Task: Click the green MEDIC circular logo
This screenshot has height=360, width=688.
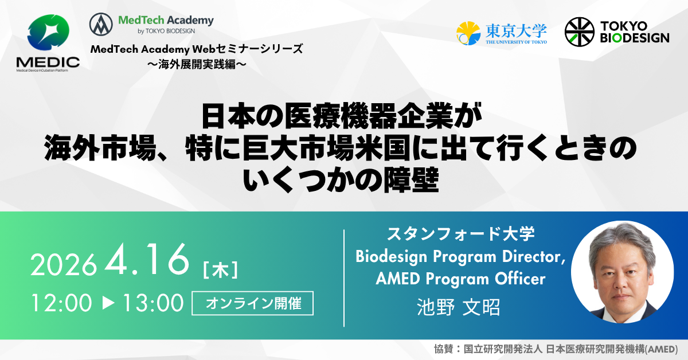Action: (x=48, y=34)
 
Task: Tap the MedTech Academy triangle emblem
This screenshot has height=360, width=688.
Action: (x=101, y=25)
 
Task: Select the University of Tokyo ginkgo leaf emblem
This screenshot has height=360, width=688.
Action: (x=468, y=33)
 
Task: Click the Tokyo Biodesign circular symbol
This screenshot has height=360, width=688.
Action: (x=579, y=32)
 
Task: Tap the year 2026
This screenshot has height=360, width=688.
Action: (x=64, y=265)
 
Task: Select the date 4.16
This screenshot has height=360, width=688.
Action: (x=147, y=261)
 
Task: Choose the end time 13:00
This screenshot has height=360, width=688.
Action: (x=153, y=303)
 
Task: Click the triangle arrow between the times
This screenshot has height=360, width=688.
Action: (x=108, y=303)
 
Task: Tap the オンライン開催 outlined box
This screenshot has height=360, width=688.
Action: (x=253, y=303)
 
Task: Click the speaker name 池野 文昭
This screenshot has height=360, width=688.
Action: (x=459, y=307)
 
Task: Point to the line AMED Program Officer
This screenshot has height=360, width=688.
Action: (x=460, y=279)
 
